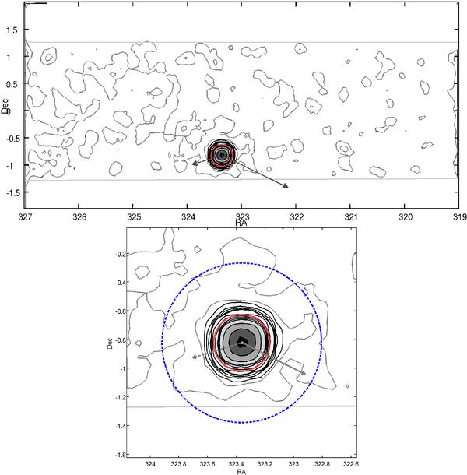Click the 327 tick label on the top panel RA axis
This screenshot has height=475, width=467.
[x=25, y=217]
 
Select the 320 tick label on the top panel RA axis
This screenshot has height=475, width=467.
[x=406, y=217]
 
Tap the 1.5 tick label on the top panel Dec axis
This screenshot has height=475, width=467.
[x=12, y=30]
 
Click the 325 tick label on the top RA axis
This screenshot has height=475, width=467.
[x=134, y=217]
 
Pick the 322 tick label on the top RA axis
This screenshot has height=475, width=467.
[x=297, y=217]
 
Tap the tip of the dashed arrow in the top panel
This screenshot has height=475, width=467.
[x=192, y=164]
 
